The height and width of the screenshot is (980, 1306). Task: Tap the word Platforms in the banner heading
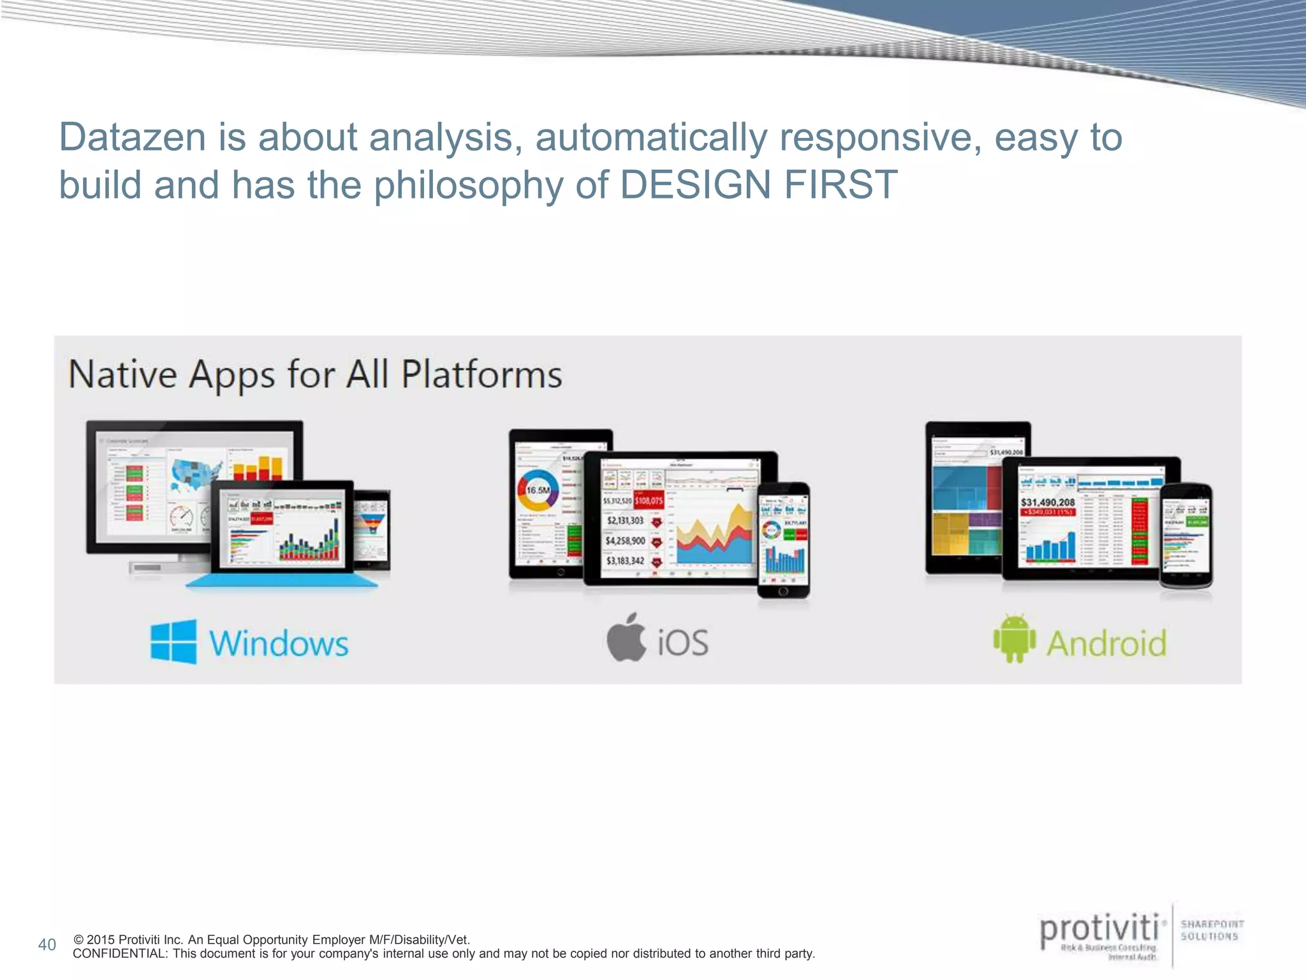coord(481,375)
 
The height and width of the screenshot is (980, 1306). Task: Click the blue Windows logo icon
coord(173,642)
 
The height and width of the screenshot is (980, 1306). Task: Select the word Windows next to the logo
coord(279,643)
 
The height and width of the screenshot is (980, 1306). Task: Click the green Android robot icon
coord(1015,639)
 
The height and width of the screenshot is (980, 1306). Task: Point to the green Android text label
coord(1106,643)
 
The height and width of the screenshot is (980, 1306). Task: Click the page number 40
coord(47,945)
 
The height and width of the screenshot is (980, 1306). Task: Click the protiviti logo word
coord(1099,929)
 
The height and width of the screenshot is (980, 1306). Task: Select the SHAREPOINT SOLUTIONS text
coord(1211,930)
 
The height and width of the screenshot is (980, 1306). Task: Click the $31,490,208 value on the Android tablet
coord(1048,502)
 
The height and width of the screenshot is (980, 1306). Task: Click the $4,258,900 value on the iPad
coord(625,541)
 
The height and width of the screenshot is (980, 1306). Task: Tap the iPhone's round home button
coord(784,591)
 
